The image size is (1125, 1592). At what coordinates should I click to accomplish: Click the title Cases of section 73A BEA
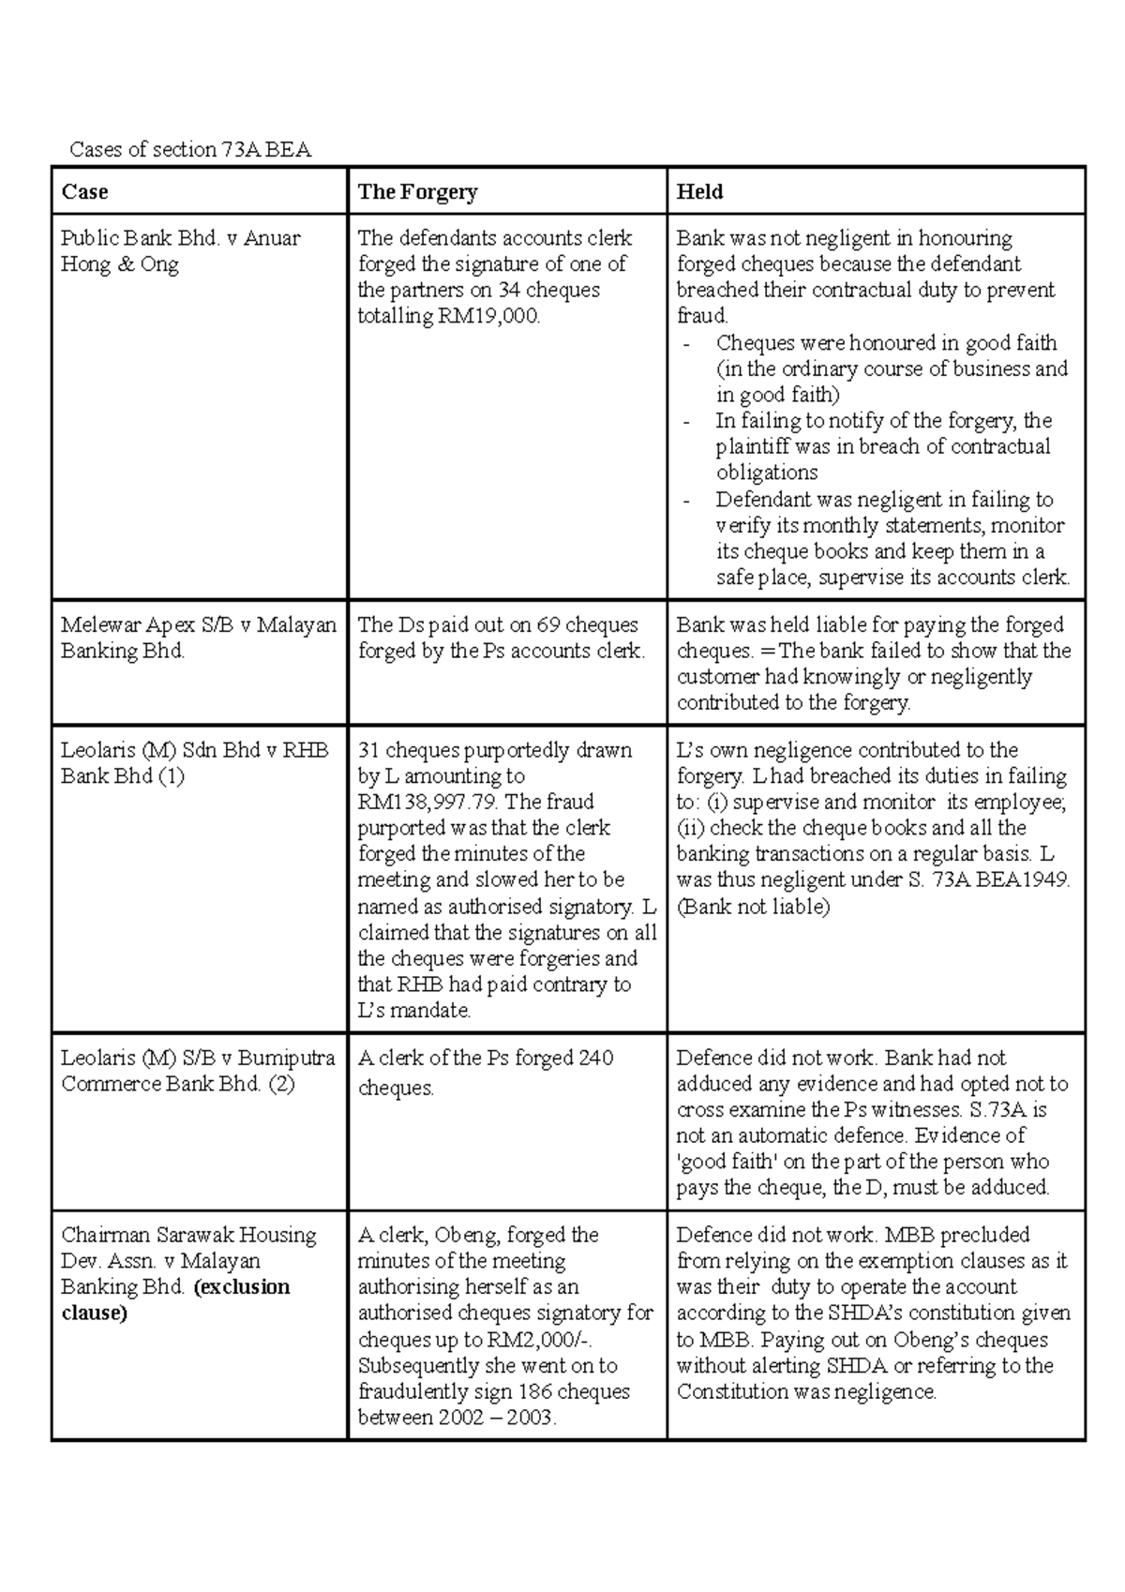(190, 149)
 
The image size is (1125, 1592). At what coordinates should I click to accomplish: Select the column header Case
(84, 192)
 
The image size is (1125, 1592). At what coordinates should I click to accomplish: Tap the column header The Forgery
(417, 192)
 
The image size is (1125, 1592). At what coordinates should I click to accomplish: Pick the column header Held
(699, 192)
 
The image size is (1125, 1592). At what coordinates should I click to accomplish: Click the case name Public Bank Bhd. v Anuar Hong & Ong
(180, 251)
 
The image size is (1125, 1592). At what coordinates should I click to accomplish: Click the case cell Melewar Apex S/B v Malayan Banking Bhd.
(198, 638)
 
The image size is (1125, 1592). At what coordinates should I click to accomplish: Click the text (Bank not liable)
(753, 907)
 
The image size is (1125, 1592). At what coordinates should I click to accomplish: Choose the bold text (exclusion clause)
(175, 1299)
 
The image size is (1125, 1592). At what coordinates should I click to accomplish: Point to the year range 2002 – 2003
(497, 1418)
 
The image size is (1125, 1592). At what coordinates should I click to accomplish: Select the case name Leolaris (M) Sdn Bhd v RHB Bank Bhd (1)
(194, 763)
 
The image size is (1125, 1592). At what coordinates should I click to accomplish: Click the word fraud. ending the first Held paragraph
(702, 316)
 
